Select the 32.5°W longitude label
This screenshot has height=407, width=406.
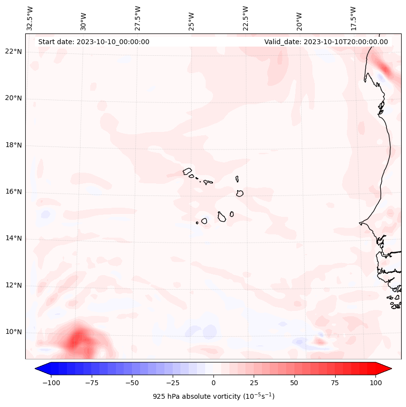click(x=30, y=18)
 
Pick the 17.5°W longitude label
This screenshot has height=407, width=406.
click(x=353, y=18)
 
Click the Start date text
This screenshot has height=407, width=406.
click(x=94, y=42)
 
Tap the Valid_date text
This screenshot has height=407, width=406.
click(x=326, y=42)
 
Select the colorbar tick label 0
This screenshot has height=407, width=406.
click(x=213, y=383)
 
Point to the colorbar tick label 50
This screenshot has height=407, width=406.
click(x=294, y=383)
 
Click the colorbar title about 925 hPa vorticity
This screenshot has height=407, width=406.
click(x=213, y=396)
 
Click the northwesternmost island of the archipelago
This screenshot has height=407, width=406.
click(x=187, y=171)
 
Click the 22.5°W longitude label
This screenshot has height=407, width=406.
click(x=245, y=18)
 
